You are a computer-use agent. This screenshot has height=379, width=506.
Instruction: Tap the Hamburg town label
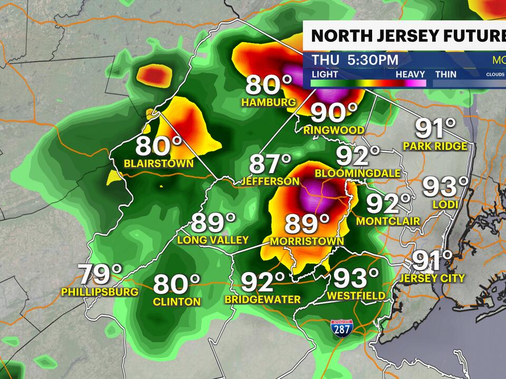click(268, 102)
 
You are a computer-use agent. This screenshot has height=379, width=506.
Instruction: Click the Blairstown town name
click(159, 163)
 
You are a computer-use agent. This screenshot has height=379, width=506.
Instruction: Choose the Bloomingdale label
click(357, 173)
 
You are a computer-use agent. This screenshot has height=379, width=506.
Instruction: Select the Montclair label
click(387, 221)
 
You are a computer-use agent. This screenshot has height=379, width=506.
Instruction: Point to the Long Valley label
click(213, 240)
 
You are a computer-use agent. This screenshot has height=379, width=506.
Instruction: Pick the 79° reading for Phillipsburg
click(100, 274)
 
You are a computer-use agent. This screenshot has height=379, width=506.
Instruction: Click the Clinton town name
click(177, 302)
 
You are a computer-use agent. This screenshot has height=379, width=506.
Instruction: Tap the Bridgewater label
click(262, 299)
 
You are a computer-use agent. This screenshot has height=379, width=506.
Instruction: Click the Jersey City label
click(432, 278)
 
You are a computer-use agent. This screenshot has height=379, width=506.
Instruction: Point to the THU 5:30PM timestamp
click(355, 59)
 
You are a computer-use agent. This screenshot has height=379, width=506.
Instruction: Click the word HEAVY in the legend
click(411, 74)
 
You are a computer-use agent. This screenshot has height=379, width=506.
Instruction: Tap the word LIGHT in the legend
click(325, 74)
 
